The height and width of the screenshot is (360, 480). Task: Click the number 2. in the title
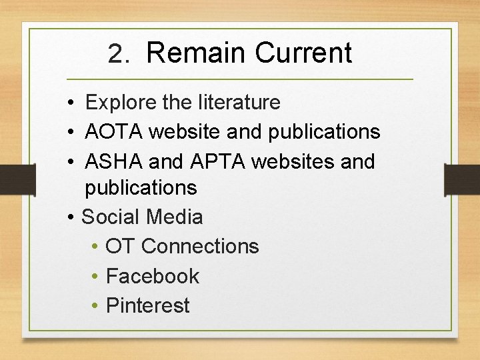(119, 54)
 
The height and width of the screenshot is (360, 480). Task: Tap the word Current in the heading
(303, 53)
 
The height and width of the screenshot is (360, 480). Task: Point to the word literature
(239, 103)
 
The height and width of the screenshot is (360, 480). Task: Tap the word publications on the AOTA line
(324, 132)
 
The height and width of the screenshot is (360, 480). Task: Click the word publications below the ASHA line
(141, 188)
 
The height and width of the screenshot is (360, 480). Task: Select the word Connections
(200, 247)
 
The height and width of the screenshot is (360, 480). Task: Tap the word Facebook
(153, 276)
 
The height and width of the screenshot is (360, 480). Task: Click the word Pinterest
(148, 305)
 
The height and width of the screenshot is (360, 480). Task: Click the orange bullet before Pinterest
(96, 306)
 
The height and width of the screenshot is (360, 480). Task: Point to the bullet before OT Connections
(96, 247)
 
